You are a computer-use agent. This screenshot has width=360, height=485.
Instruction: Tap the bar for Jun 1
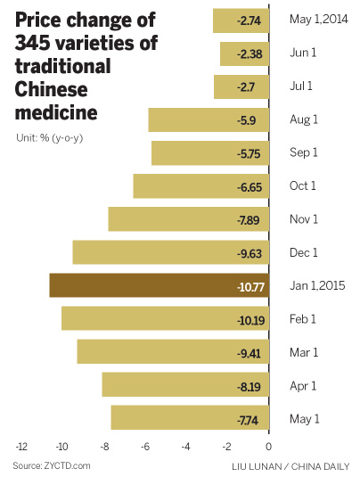click(x=244, y=53)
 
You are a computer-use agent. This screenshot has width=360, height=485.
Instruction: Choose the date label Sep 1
click(x=305, y=153)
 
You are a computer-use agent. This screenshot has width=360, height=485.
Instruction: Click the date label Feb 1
click(x=305, y=319)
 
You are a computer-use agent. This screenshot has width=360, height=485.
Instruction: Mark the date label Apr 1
click(x=304, y=386)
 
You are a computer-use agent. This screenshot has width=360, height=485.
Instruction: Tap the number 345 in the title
click(x=34, y=43)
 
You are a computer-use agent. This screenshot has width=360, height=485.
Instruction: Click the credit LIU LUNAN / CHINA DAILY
click(x=298, y=466)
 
